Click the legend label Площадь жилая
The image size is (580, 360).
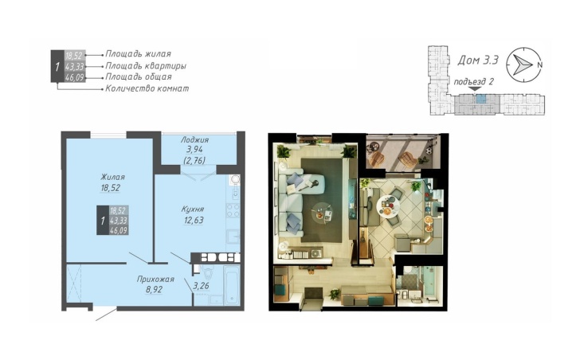(139, 54)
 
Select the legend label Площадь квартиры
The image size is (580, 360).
(146, 66)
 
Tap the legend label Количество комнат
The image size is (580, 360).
(147, 88)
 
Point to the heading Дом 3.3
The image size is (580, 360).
(478, 60)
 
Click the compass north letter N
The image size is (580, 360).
(539, 65)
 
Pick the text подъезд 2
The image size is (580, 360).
(473, 82)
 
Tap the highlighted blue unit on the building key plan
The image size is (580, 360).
(480, 99)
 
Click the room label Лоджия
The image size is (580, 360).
(194, 139)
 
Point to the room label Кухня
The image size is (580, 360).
(192, 209)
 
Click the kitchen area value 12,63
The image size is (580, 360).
(194, 221)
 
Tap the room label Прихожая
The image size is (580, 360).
(155, 279)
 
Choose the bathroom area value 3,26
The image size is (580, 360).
(202, 286)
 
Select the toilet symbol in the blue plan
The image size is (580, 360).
(207, 274)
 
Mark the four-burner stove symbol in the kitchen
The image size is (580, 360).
(233, 210)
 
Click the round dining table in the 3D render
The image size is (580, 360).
(389, 205)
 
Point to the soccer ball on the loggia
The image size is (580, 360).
(429, 151)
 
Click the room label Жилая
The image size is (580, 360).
(112, 177)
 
